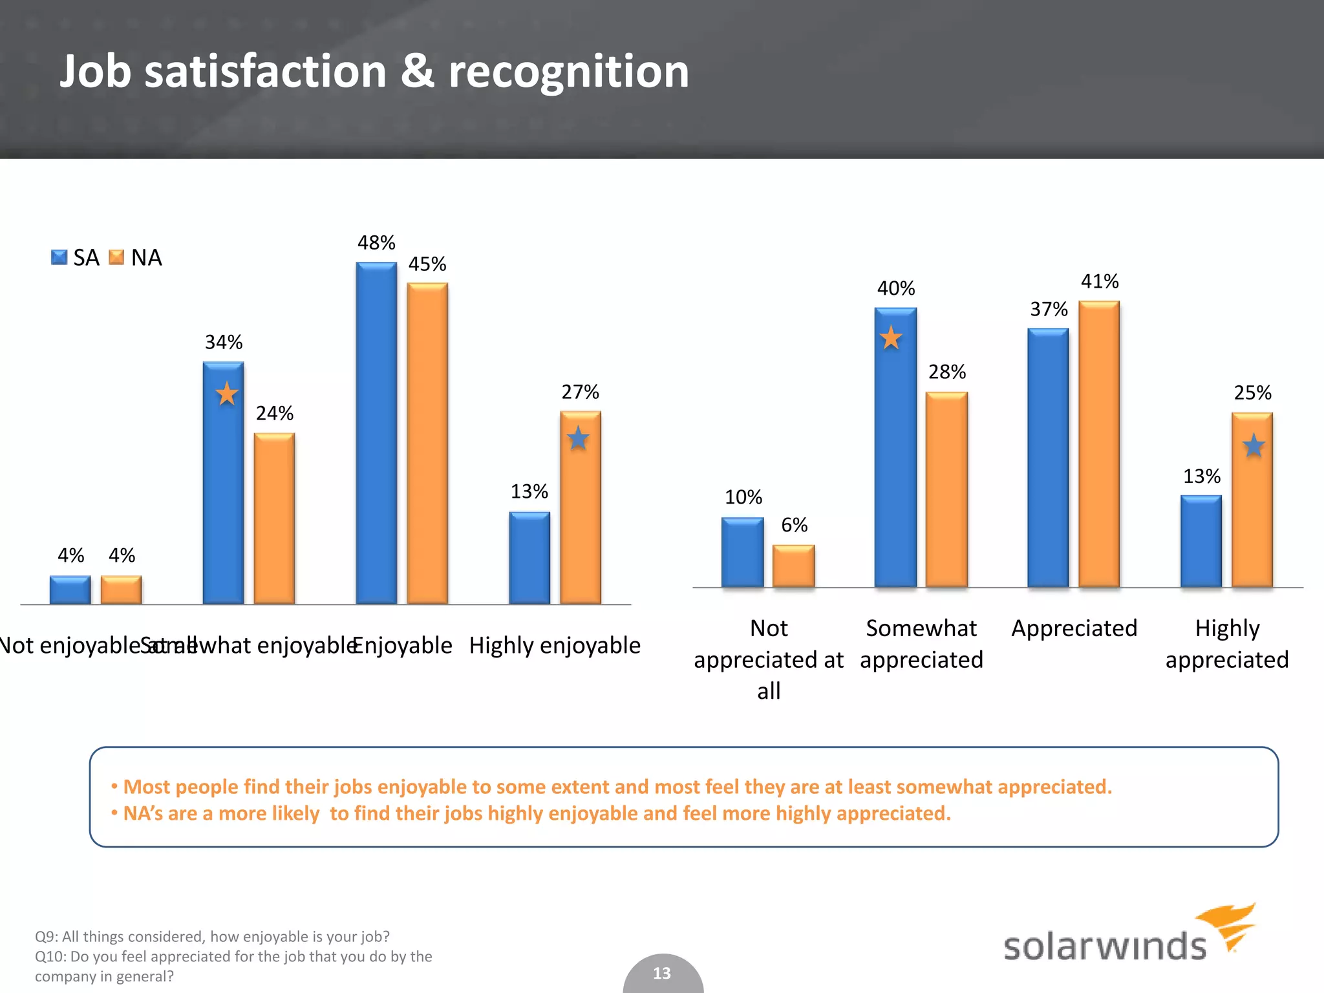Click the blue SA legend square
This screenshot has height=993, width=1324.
pos(59,257)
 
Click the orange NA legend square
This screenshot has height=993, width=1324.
pos(116,257)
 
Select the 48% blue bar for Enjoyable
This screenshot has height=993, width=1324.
pos(376,433)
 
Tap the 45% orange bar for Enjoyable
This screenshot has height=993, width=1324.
pos(427,443)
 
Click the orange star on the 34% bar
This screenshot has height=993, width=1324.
pos(226,394)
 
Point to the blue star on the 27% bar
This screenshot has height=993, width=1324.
pos(578,439)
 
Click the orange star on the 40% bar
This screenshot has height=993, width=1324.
pos(891,337)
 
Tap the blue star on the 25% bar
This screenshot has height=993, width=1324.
pos(1254,445)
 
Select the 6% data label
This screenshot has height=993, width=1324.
pos(794,525)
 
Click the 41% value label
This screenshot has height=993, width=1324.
pos(1100,282)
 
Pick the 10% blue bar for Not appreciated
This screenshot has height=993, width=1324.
pos(742,553)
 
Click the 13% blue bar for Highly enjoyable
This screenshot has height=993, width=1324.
pos(529,558)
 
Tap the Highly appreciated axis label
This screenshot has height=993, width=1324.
pos(1226,644)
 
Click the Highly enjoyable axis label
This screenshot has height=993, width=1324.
pos(555,645)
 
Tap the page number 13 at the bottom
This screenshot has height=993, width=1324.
pos(662,974)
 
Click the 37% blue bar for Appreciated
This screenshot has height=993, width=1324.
pos(1048,458)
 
